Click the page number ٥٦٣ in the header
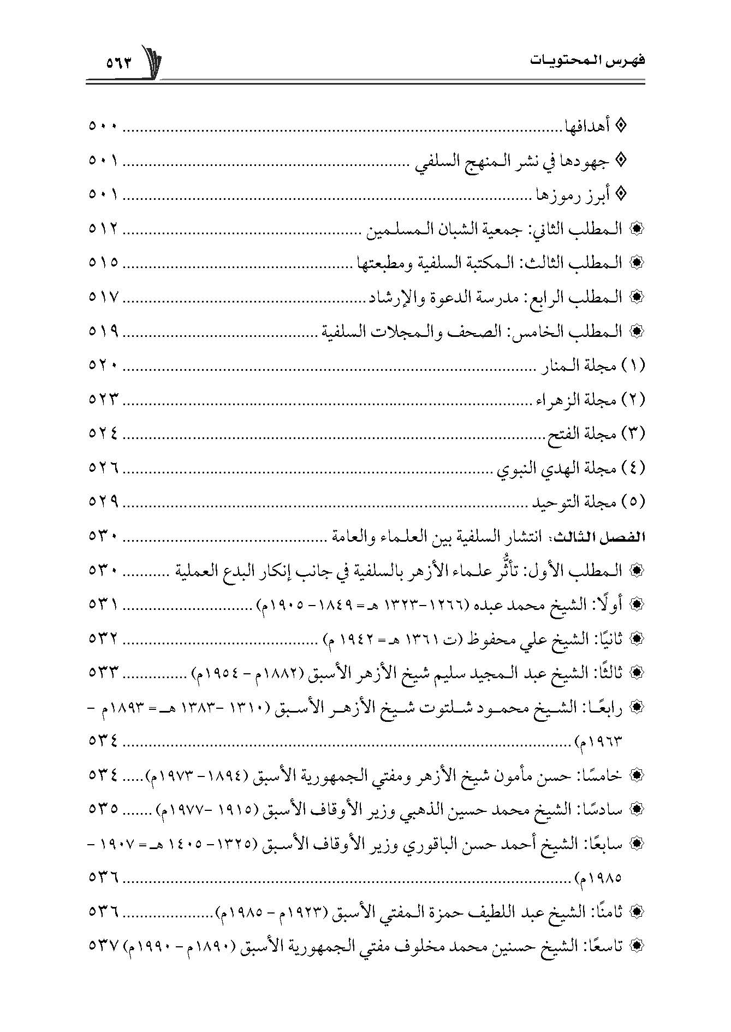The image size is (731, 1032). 119,62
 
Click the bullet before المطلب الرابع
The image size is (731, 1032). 636,298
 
